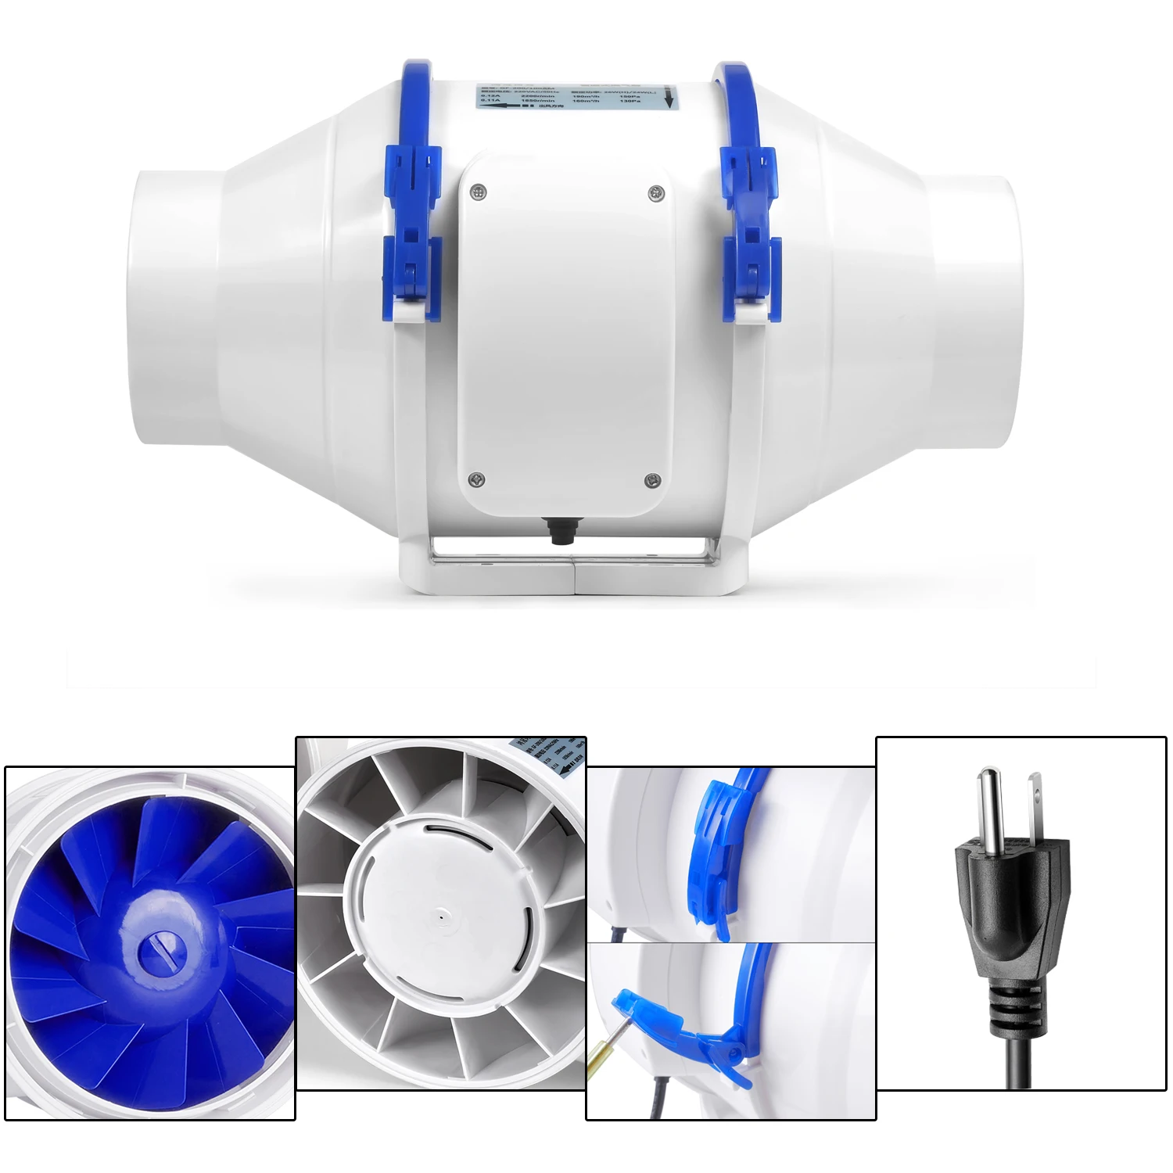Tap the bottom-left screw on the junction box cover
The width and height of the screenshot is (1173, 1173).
pos(475,479)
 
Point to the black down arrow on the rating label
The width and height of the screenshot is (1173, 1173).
pos(669,99)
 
